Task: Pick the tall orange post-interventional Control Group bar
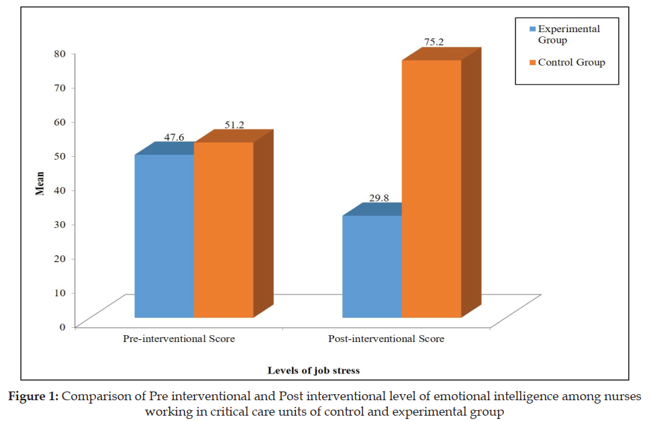coord(432,188)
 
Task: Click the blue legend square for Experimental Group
coord(532,29)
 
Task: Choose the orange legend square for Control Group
coord(532,62)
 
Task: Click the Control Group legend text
coord(572,62)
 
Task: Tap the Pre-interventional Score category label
coord(179,339)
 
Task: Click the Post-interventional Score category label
coord(386,339)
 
